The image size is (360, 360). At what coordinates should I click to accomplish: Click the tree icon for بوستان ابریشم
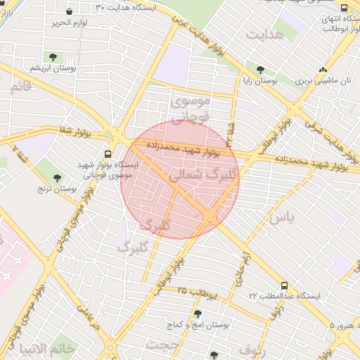(53, 57)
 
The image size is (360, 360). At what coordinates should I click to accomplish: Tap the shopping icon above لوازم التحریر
(69, 11)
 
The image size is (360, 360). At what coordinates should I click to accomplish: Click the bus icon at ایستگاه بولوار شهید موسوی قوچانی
(108, 154)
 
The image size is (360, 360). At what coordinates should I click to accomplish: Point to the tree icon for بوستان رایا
(261, 70)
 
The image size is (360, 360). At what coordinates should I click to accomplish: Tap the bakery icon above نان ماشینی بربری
(323, 70)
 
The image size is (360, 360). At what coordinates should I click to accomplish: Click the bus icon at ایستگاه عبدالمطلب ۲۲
(284, 285)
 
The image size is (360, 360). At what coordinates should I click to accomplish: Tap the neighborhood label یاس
(280, 219)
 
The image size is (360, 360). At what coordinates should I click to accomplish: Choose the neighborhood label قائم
(20, 86)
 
